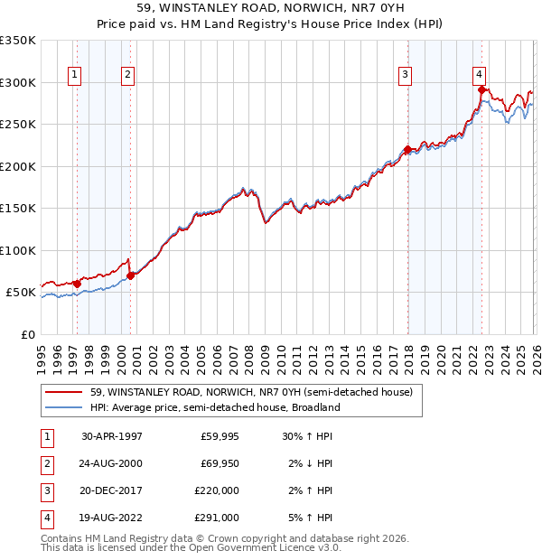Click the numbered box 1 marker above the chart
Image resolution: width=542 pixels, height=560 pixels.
pos(73,75)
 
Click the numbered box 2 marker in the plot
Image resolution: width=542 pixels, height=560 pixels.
pos(128,75)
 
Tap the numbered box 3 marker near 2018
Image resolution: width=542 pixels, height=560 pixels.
pos(406,75)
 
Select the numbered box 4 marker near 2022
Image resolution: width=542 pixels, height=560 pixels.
pos(479,75)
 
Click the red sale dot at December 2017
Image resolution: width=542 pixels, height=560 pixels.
pos(407,150)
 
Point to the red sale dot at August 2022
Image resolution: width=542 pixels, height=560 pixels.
pos(481,89)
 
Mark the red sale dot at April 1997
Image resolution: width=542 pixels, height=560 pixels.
pos(77,284)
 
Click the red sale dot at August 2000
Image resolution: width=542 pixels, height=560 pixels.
pos(131,275)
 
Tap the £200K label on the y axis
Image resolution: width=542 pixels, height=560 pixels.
pos(18,166)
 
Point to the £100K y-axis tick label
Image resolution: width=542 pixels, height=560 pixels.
pos(18,250)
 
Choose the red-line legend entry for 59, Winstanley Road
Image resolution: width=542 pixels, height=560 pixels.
pos(251,392)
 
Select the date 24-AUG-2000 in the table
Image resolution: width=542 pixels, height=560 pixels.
pos(112,463)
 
